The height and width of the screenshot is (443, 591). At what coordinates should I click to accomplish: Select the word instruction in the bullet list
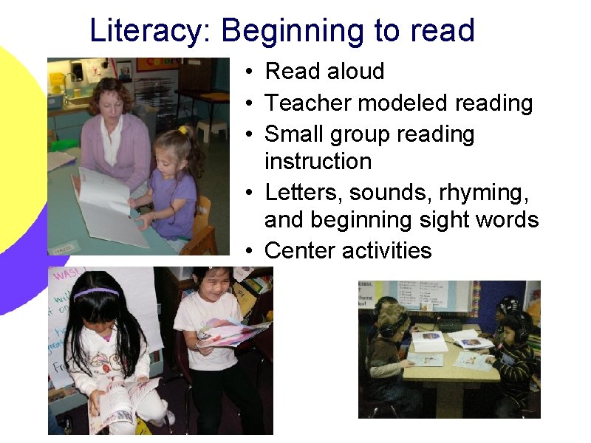click(318, 161)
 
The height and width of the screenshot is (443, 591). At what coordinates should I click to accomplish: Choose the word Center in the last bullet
click(300, 250)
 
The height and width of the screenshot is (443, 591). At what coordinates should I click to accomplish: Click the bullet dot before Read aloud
click(252, 72)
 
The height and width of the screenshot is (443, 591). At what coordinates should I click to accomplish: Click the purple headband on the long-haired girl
click(97, 292)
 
